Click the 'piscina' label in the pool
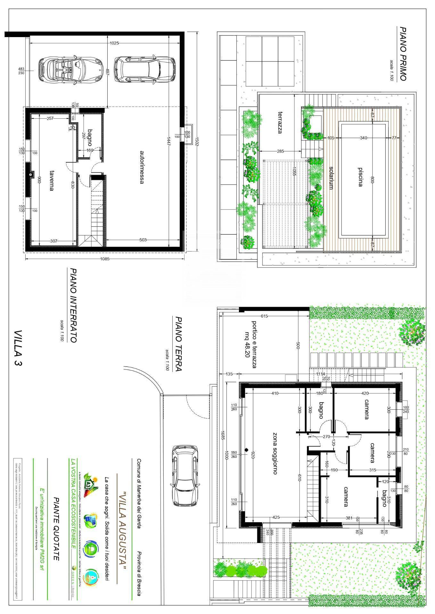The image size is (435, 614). tap(360, 177)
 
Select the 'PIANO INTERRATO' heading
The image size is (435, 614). tap(73, 305)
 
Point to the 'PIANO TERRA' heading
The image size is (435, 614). tap(178, 344)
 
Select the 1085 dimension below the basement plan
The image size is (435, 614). tap(104, 259)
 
